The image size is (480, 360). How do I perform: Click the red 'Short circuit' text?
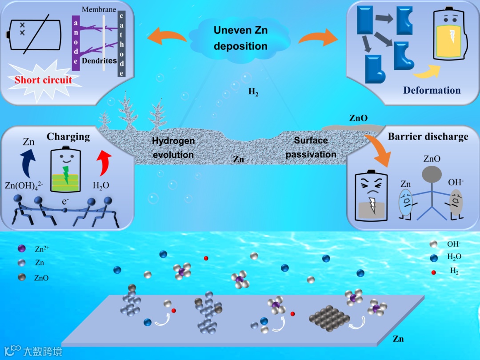point(43,80)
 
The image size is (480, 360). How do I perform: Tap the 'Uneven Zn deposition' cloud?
point(240,38)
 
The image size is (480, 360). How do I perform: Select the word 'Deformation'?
point(432,90)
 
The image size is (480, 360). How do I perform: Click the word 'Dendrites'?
point(99,61)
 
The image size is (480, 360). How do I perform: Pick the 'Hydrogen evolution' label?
point(173,148)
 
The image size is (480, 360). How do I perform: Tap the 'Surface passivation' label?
point(311,147)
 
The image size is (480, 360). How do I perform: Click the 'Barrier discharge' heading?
point(428,136)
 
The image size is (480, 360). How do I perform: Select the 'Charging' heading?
point(68,136)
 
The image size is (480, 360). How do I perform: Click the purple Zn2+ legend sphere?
point(21,249)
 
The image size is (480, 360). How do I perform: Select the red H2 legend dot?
point(434,272)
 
